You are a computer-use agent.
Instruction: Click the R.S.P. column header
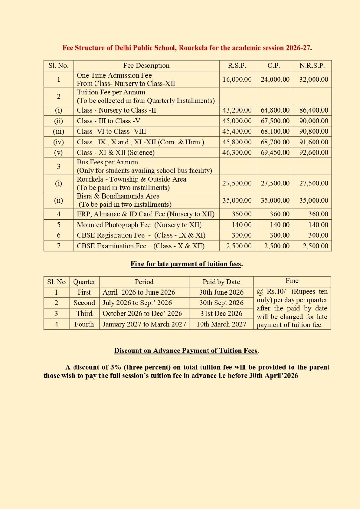click(237, 66)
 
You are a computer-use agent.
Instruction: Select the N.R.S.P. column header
click(312, 66)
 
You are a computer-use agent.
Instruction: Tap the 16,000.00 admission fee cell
click(237, 79)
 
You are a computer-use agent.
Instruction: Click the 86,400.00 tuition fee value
click(314, 110)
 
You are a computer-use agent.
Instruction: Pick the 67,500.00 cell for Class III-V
click(275, 121)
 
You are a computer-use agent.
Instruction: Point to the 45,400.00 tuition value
click(237, 131)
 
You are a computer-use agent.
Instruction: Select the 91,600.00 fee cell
click(314, 142)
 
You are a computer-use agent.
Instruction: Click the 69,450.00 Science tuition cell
click(275, 152)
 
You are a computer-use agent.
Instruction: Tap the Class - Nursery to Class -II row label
click(116, 110)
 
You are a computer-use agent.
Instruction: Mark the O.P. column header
click(274, 66)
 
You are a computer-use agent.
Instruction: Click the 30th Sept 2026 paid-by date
click(221, 303)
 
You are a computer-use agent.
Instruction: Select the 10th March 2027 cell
click(221, 324)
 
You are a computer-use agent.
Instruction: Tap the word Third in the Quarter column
click(84, 313)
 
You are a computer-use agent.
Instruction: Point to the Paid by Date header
click(221, 282)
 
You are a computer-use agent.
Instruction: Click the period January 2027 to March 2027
click(144, 324)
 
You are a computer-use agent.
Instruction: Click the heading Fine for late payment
click(187, 264)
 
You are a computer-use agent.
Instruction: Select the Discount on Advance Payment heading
click(187, 351)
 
